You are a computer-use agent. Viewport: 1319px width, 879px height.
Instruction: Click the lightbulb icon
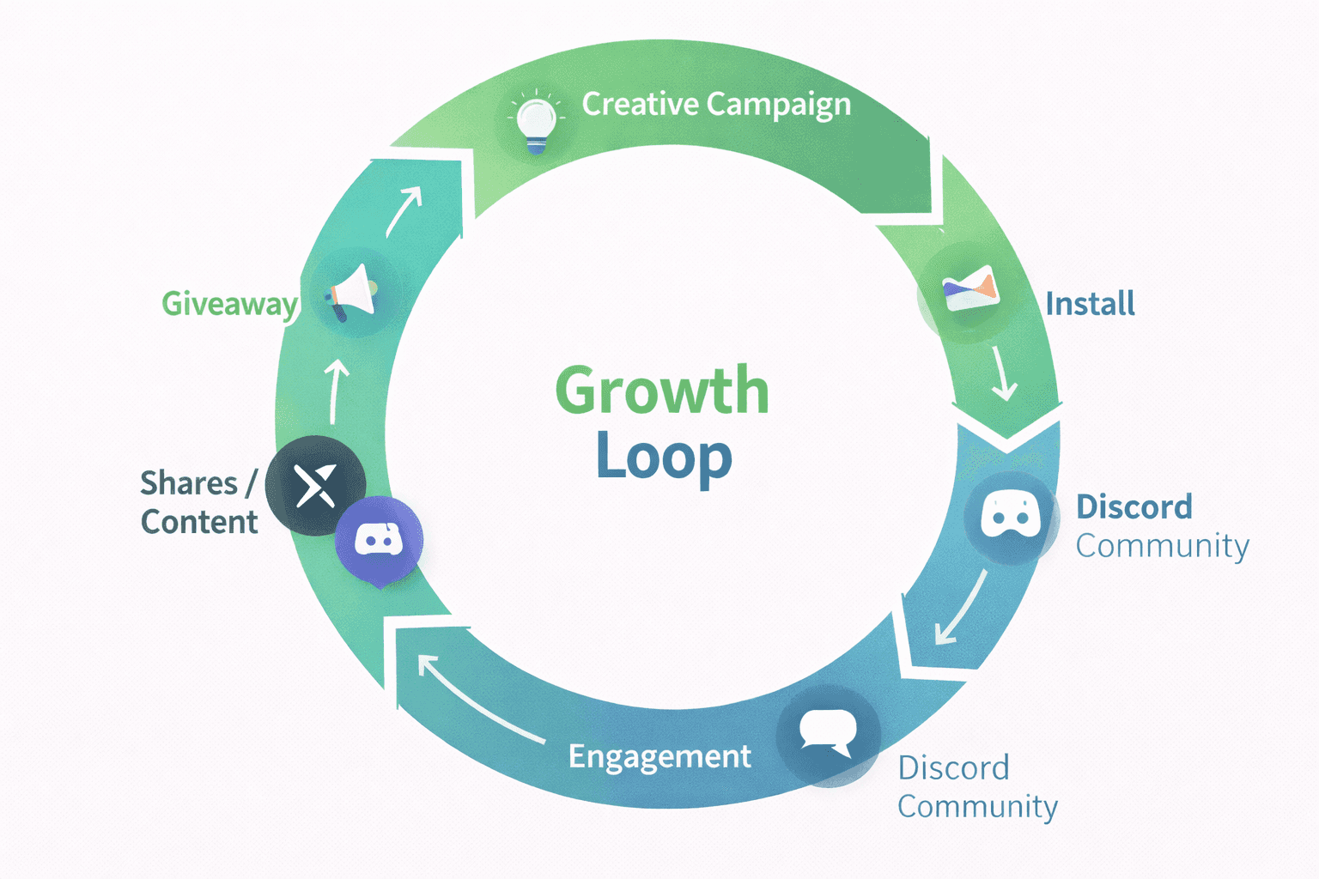click(536, 121)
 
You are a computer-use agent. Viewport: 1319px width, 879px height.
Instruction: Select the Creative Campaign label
click(716, 105)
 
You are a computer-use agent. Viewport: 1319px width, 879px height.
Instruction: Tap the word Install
click(1090, 304)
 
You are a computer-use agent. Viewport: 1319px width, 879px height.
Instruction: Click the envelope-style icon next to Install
click(970, 290)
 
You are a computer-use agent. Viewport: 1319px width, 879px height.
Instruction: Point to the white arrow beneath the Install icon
click(1002, 374)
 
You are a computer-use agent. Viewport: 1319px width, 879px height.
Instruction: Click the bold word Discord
click(1134, 507)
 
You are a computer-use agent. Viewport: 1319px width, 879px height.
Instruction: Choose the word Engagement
click(659, 756)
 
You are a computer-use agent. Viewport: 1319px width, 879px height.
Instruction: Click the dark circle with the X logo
click(315, 486)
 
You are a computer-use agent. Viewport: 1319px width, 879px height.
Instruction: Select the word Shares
click(189, 484)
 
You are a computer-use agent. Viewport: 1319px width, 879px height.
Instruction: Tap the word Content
click(199, 522)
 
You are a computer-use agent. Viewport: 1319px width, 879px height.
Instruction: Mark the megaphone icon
click(351, 294)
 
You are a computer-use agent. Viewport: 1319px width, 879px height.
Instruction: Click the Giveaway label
click(229, 304)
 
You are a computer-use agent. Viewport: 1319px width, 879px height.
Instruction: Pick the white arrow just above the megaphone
click(404, 211)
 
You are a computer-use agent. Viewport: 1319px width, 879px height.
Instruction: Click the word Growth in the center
click(662, 391)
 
